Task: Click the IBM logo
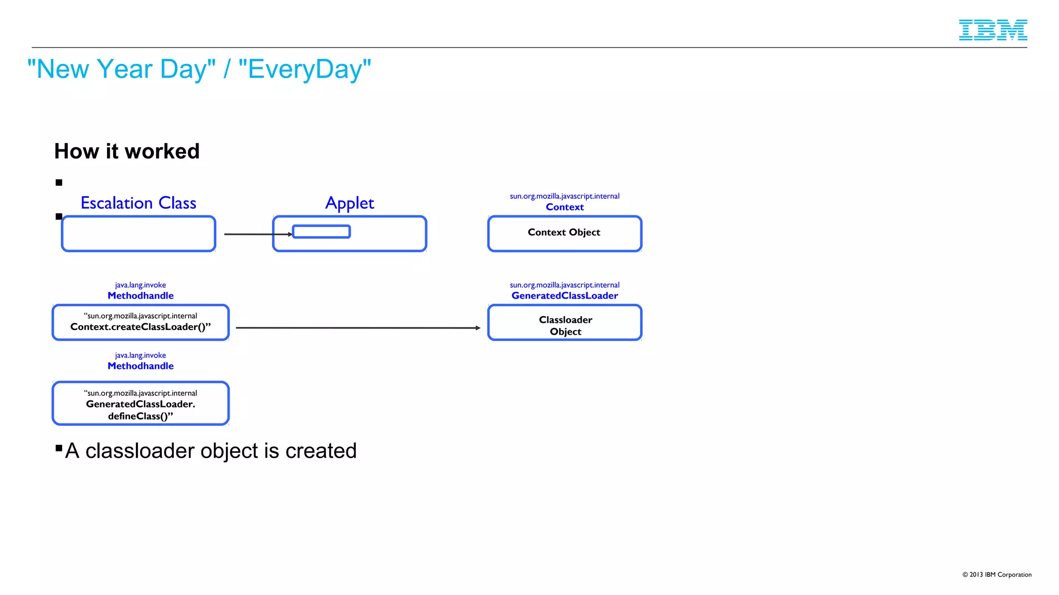[992, 30]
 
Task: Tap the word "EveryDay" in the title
[305, 69]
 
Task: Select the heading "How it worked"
[127, 151]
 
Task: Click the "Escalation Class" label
[138, 203]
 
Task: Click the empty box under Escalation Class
[138, 234]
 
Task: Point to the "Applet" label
[350, 203]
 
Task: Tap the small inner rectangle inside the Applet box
[321, 232]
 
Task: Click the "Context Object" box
[564, 233]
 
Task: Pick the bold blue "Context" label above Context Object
[565, 207]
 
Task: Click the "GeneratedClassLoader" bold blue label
[565, 296]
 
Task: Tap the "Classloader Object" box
[565, 323]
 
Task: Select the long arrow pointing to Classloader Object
[357, 327]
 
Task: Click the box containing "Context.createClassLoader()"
[140, 323]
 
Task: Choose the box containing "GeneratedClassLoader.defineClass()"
[140, 404]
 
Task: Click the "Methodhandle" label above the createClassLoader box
[140, 296]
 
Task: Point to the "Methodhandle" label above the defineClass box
[140, 366]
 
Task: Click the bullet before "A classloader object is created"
[59, 448]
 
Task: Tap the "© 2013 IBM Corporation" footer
[996, 574]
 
